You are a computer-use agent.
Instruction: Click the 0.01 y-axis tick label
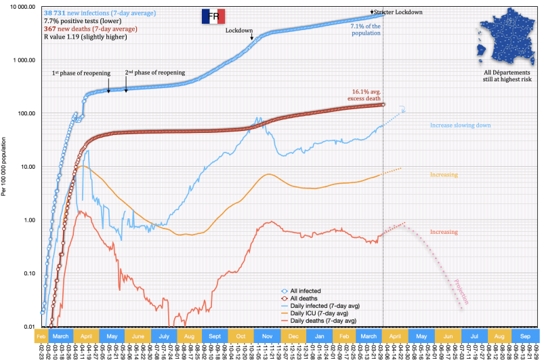click(x=26, y=327)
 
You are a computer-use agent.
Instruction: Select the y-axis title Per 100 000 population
click(x=5, y=167)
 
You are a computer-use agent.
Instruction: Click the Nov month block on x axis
click(x=266, y=336)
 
